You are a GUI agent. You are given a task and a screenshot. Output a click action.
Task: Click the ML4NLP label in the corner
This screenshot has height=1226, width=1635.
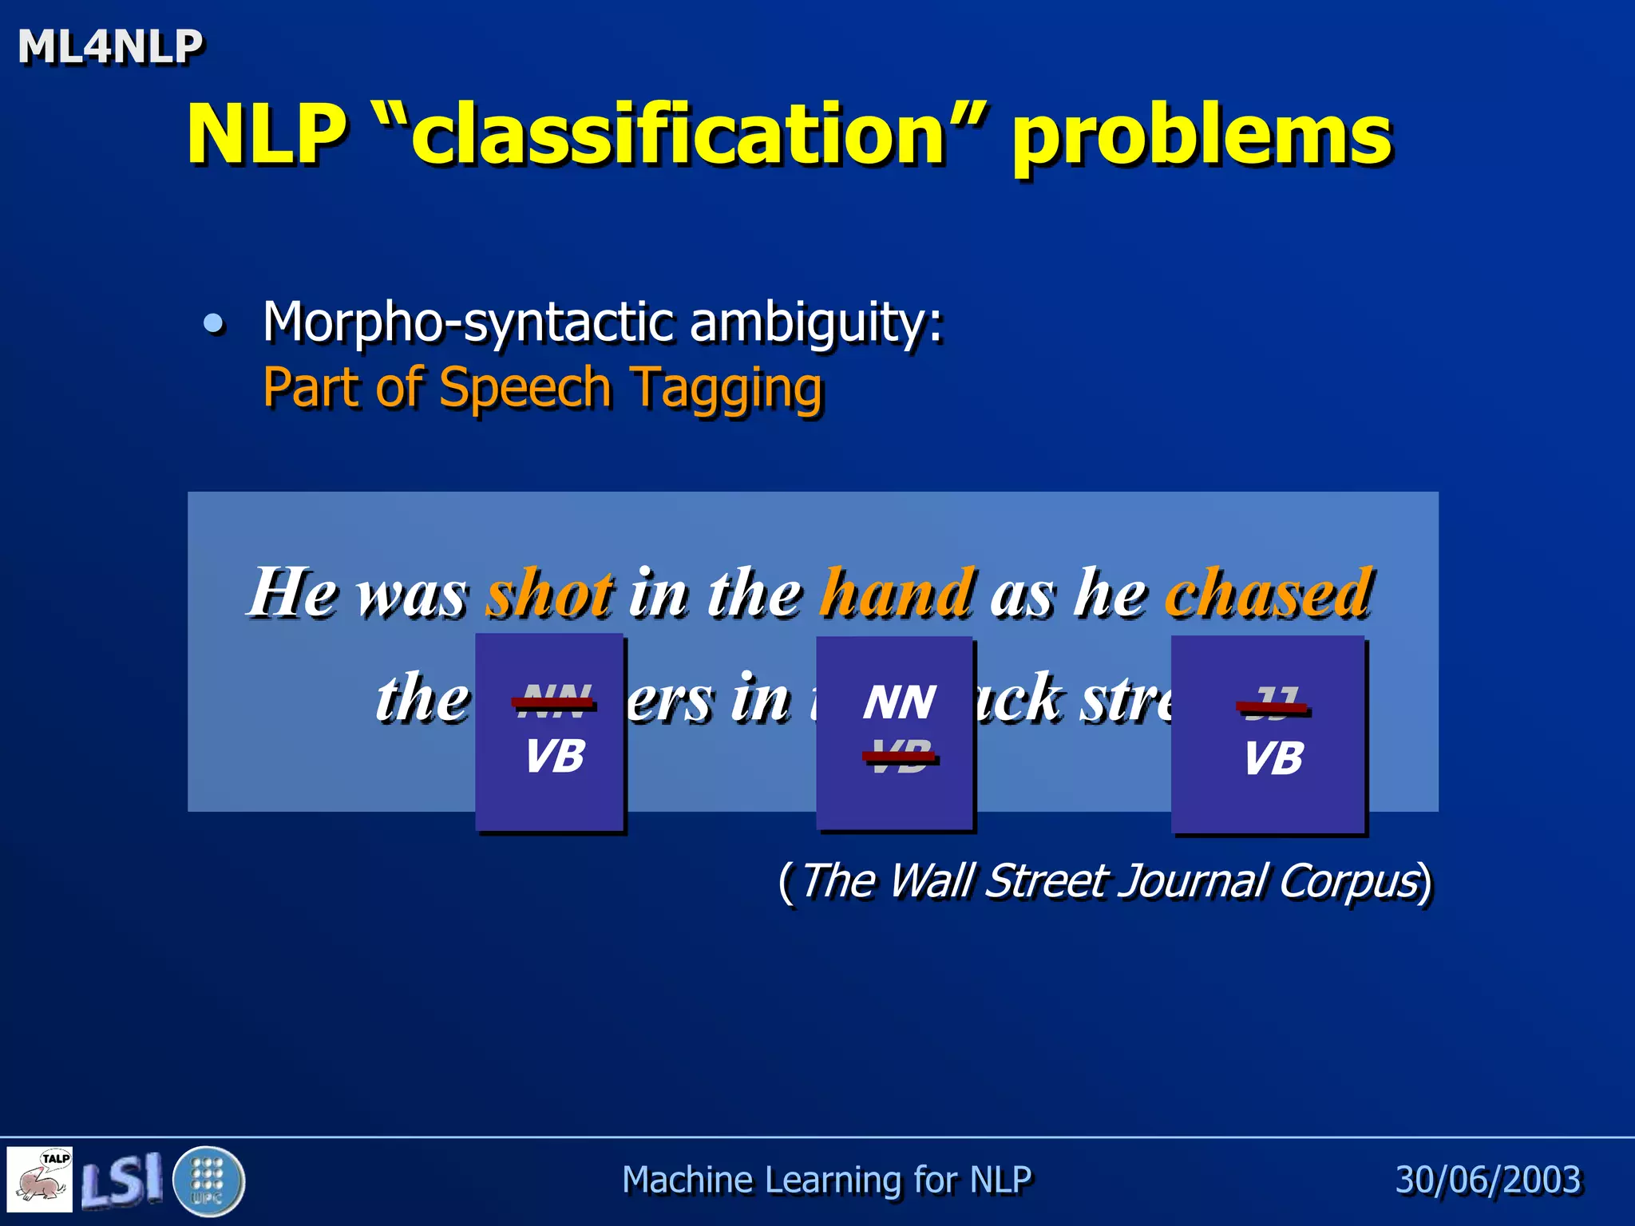point(110,46)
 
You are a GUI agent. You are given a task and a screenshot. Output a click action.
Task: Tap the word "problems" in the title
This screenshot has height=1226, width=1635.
point(1202,137)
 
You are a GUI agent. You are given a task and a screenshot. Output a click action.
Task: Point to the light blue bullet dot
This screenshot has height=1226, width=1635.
point(213,323)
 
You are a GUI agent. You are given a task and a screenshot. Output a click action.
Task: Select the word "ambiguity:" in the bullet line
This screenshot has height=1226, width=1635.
point(817,323)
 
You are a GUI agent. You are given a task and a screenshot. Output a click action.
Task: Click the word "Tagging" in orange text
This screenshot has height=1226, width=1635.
point(726,390)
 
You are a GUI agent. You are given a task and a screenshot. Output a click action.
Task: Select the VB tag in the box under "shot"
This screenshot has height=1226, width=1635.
point(555,755)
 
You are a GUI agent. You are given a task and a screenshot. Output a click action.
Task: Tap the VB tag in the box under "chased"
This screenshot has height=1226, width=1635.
point(1273,757)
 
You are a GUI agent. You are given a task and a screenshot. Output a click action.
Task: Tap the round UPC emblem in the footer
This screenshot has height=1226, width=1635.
point(208,1181)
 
